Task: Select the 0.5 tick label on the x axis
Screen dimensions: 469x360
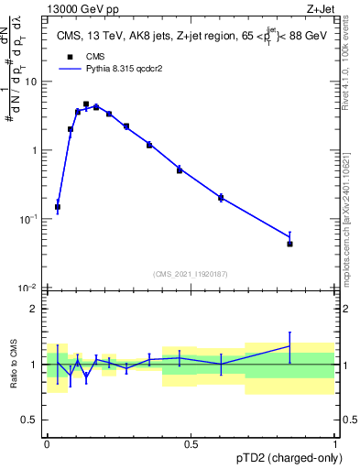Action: point(191,443)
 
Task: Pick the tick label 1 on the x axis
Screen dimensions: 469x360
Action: point(334,443)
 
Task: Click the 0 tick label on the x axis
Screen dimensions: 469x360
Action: point(47,443)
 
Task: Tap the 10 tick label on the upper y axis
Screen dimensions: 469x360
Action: point(32,82)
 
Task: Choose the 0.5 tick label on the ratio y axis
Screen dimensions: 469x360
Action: point(32,420)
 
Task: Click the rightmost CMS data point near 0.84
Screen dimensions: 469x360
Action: point(289,244)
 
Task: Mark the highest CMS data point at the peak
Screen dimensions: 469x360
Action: point(86,104)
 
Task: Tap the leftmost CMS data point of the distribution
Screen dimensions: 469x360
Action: point(58,207)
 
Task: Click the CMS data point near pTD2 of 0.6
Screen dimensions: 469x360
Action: point(221,197)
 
